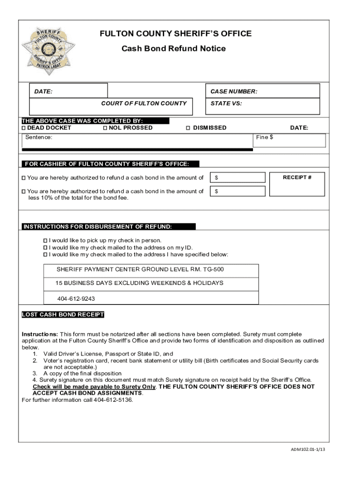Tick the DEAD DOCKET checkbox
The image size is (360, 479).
24,128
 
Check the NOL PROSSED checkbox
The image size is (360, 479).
105,128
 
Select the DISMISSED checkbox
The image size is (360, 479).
188,128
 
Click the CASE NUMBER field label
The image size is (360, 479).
234,92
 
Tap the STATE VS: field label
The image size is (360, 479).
226,104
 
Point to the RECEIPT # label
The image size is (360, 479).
297,177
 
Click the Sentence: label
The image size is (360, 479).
39,138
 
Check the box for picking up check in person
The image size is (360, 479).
45,240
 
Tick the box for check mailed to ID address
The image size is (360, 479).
45,247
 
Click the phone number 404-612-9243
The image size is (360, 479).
76,298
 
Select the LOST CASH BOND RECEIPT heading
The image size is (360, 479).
63,315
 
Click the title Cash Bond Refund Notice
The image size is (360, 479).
173,49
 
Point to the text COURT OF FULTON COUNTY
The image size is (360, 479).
144,104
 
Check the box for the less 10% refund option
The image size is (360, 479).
24,191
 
